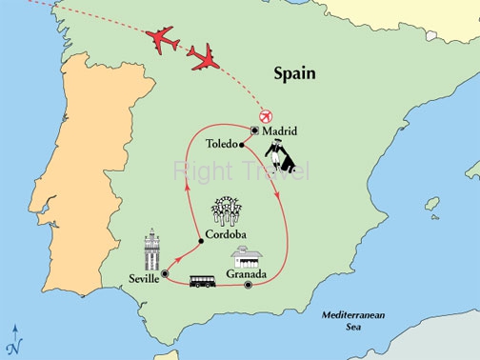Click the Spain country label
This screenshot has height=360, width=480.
[x=294, y=72]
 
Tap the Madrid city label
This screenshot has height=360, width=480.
[x=280, y=130]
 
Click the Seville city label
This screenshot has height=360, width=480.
[x=142, y=278]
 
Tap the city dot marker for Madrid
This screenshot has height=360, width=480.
[x=255, y=130]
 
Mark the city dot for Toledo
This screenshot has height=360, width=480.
[x=243, y=146]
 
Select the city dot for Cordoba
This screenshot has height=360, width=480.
[x=201, y=241]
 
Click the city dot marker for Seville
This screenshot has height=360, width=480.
[x=165, y=274]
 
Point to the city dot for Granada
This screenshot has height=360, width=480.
[x=248, y=285]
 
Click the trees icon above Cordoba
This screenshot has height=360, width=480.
[x=226, y=211]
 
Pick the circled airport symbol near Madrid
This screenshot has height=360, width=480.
[x=265, y=114]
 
